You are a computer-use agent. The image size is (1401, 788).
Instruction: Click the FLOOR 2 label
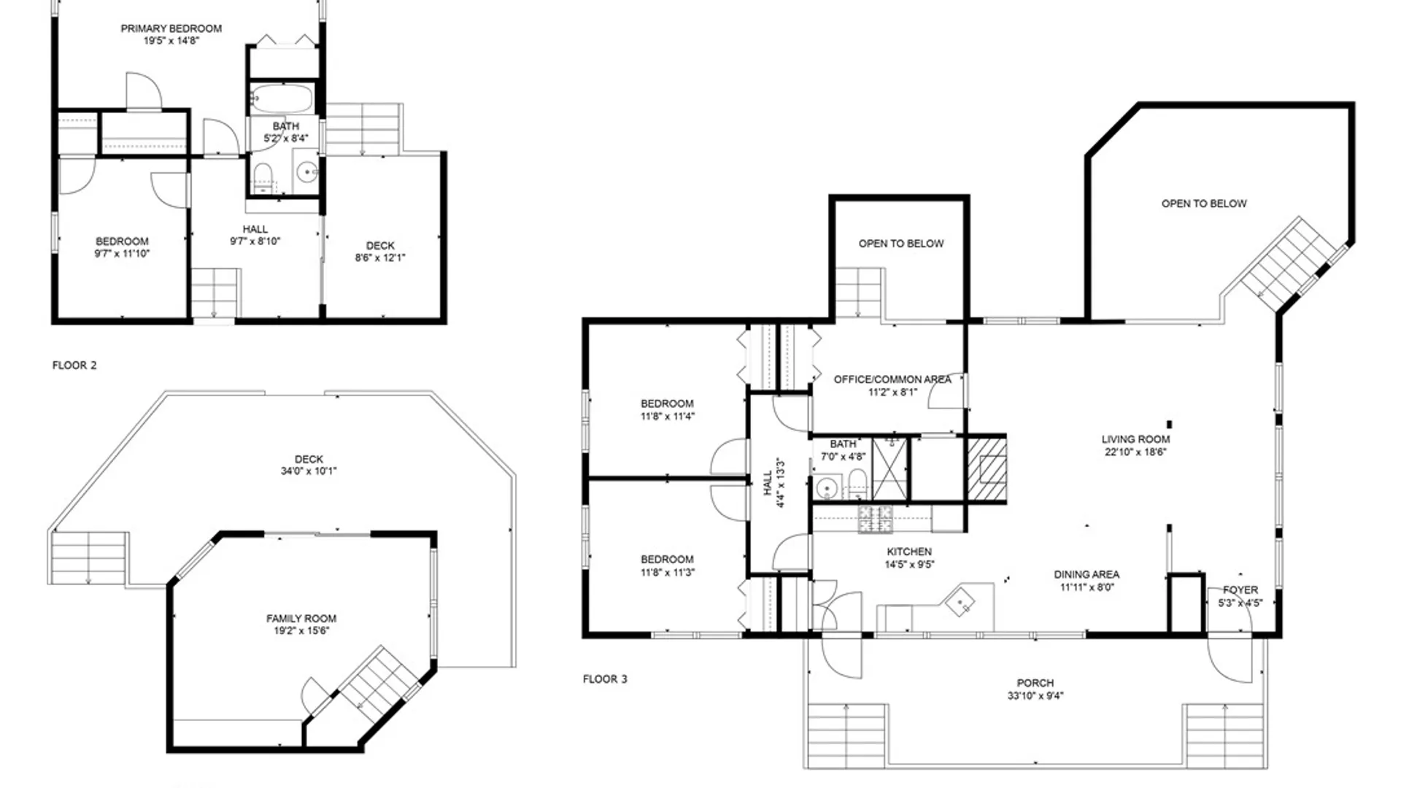point(74,366)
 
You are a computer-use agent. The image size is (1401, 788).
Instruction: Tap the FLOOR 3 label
point(605,679)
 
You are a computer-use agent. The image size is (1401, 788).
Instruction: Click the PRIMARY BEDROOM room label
point(171,28)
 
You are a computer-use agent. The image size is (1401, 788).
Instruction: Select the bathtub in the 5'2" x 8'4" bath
point(282,98)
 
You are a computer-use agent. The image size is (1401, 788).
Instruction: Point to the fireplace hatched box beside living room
point(987,469)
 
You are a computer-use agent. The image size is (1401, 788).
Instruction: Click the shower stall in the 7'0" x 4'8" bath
point(890,468)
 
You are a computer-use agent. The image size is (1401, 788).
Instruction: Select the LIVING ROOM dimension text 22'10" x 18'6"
point(1135,452)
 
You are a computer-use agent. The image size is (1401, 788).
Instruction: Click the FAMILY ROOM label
point(301,619)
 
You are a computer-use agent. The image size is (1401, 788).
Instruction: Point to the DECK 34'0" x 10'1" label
point(309,466)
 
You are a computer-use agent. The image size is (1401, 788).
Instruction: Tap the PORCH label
point(1035,683)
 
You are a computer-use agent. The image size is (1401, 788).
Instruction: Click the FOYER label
point(1240,590)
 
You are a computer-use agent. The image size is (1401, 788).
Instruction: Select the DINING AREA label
point(1087,575)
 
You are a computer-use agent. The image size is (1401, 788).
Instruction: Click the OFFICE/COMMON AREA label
point(892,379)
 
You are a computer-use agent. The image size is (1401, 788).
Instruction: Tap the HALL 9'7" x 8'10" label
point(255,235)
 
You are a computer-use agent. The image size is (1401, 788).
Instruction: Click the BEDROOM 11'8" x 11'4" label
point(668,410)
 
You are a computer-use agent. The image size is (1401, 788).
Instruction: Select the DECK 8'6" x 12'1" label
point(380,252)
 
